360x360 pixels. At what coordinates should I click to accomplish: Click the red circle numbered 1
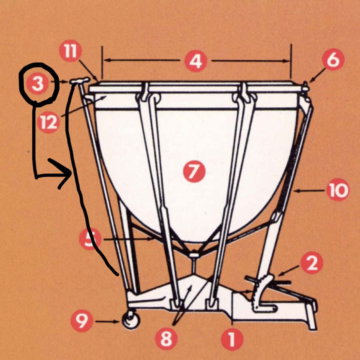click(x=232, y=339)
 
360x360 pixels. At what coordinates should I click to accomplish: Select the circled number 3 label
click(x=37, y=83)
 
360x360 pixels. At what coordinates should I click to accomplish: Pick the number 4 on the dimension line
click(x=196, y=61)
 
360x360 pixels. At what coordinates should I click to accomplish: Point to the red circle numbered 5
click(x=90, y=239)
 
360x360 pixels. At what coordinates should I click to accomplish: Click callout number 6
click(x=333, y=59)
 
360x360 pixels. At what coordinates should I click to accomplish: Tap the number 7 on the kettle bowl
click(x=194, y=172)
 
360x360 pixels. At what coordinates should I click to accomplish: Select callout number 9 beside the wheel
click(x=82, y=321)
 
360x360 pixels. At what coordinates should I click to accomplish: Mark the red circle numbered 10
click(x=338, y=190)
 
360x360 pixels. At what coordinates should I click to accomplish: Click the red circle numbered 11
click(x=70, y=51)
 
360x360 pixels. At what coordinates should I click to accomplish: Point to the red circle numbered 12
click(x=49, y=122)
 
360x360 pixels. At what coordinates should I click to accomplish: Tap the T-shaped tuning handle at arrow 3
click(x=80, y=81)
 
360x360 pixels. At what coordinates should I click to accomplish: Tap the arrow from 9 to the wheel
click(x=107, y=322)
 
